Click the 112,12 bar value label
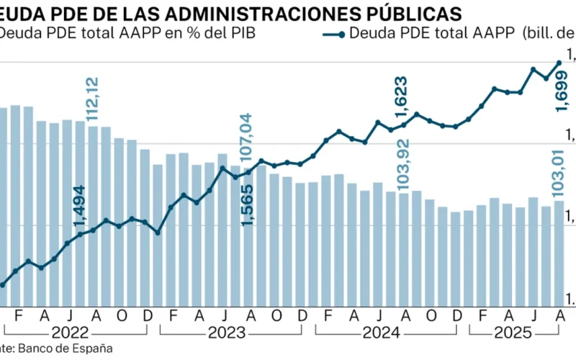coord(93,100)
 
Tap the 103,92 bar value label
coord(403,161)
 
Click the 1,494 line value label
coord(78,208)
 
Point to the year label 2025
coord(515,333)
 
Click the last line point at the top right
coord(559,63)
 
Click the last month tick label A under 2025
coord(559,315)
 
